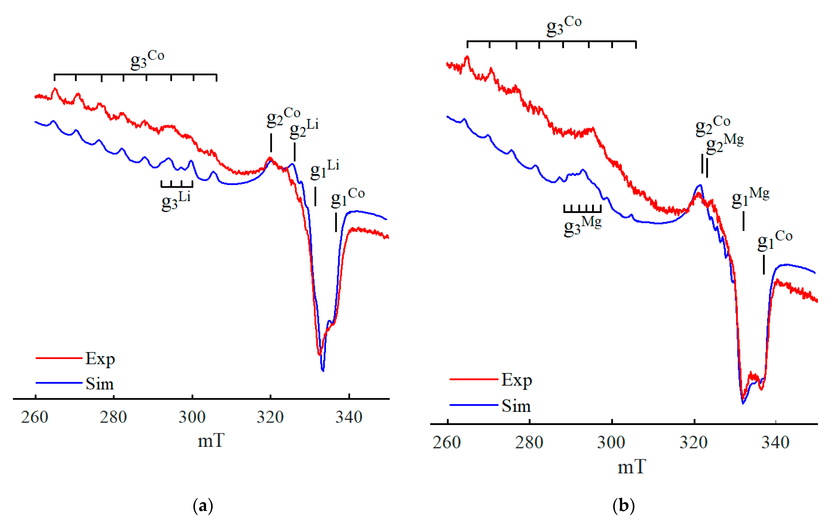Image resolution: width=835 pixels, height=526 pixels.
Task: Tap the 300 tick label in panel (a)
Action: pyautogui.click(x=192, y=417)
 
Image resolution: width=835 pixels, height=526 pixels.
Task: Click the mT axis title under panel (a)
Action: pyautogui.click(x=211, y=441)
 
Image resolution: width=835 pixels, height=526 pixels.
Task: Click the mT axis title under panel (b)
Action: pyautogui.click(x=632, y=467)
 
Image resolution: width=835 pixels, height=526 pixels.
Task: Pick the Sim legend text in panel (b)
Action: pyautogui.click(x=516, y=406)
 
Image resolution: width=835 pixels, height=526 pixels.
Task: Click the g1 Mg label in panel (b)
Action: pyautogui.click(x=750, y=197)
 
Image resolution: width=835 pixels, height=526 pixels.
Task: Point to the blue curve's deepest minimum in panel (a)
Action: pyautogui.click(x=323, y=370)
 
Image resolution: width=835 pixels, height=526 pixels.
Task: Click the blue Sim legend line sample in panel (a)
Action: pyautogui.click(x=59, y=383)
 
